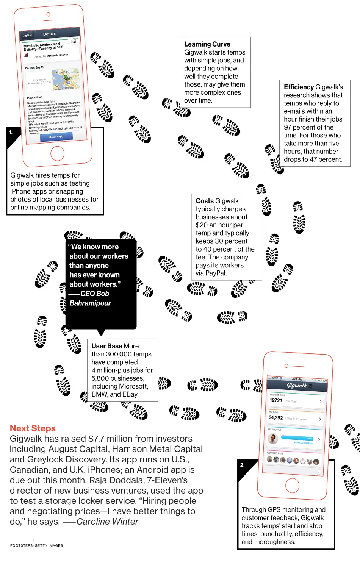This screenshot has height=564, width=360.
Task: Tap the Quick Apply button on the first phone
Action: tap(56, 137)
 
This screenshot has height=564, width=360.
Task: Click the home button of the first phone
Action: tap(57, 153)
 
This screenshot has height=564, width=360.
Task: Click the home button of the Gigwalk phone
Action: tap(292, 485)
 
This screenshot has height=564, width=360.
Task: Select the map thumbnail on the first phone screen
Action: tap(66, 79)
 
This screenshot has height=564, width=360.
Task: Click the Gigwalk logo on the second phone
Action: tap(296, 386)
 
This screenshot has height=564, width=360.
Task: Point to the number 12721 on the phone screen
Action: tap(276, 400)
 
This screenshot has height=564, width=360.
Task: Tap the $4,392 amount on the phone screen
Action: tap(276, 418)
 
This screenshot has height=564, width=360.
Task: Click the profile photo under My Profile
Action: tap(273, 439)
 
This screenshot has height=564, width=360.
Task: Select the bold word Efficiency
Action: tap(299, 87)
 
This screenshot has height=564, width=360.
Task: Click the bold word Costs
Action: tap(205, 201)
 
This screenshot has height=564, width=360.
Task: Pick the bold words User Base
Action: tap(107, 346)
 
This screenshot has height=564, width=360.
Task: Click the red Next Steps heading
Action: tap(33, 428)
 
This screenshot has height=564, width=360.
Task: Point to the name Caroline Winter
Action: tap(107, 522)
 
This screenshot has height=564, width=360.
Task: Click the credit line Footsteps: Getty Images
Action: tap(36, 545)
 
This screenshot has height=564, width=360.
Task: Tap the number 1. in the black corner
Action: tap(11, 133)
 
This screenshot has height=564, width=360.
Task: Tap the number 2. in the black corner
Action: tap(243, 465)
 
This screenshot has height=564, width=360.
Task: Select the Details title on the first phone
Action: tap(49, 34)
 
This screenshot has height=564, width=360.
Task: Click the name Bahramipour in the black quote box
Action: tap(90, 303)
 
